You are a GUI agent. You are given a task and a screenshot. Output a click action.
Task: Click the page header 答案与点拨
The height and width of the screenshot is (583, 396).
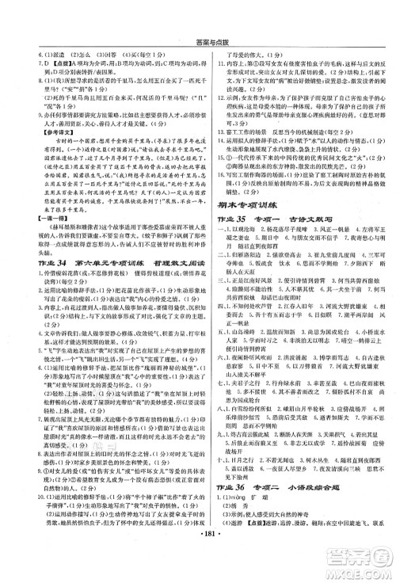tap(197, 8)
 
